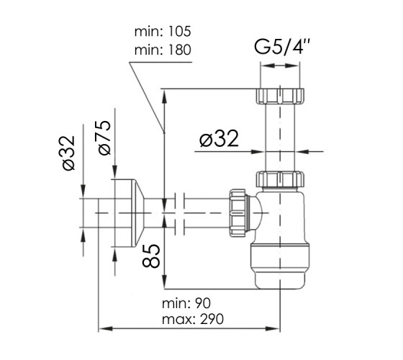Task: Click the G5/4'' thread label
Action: [281, 47]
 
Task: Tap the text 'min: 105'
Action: [163, 32]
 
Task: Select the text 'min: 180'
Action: [163, 50]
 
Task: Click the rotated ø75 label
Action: [104, 138]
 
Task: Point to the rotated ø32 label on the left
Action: [68, 153]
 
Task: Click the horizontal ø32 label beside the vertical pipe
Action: [219, 139]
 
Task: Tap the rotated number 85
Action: [151, 256]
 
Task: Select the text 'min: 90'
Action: [186, 303]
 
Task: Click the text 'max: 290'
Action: [193, 320]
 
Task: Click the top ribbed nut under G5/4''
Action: [280, 96]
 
